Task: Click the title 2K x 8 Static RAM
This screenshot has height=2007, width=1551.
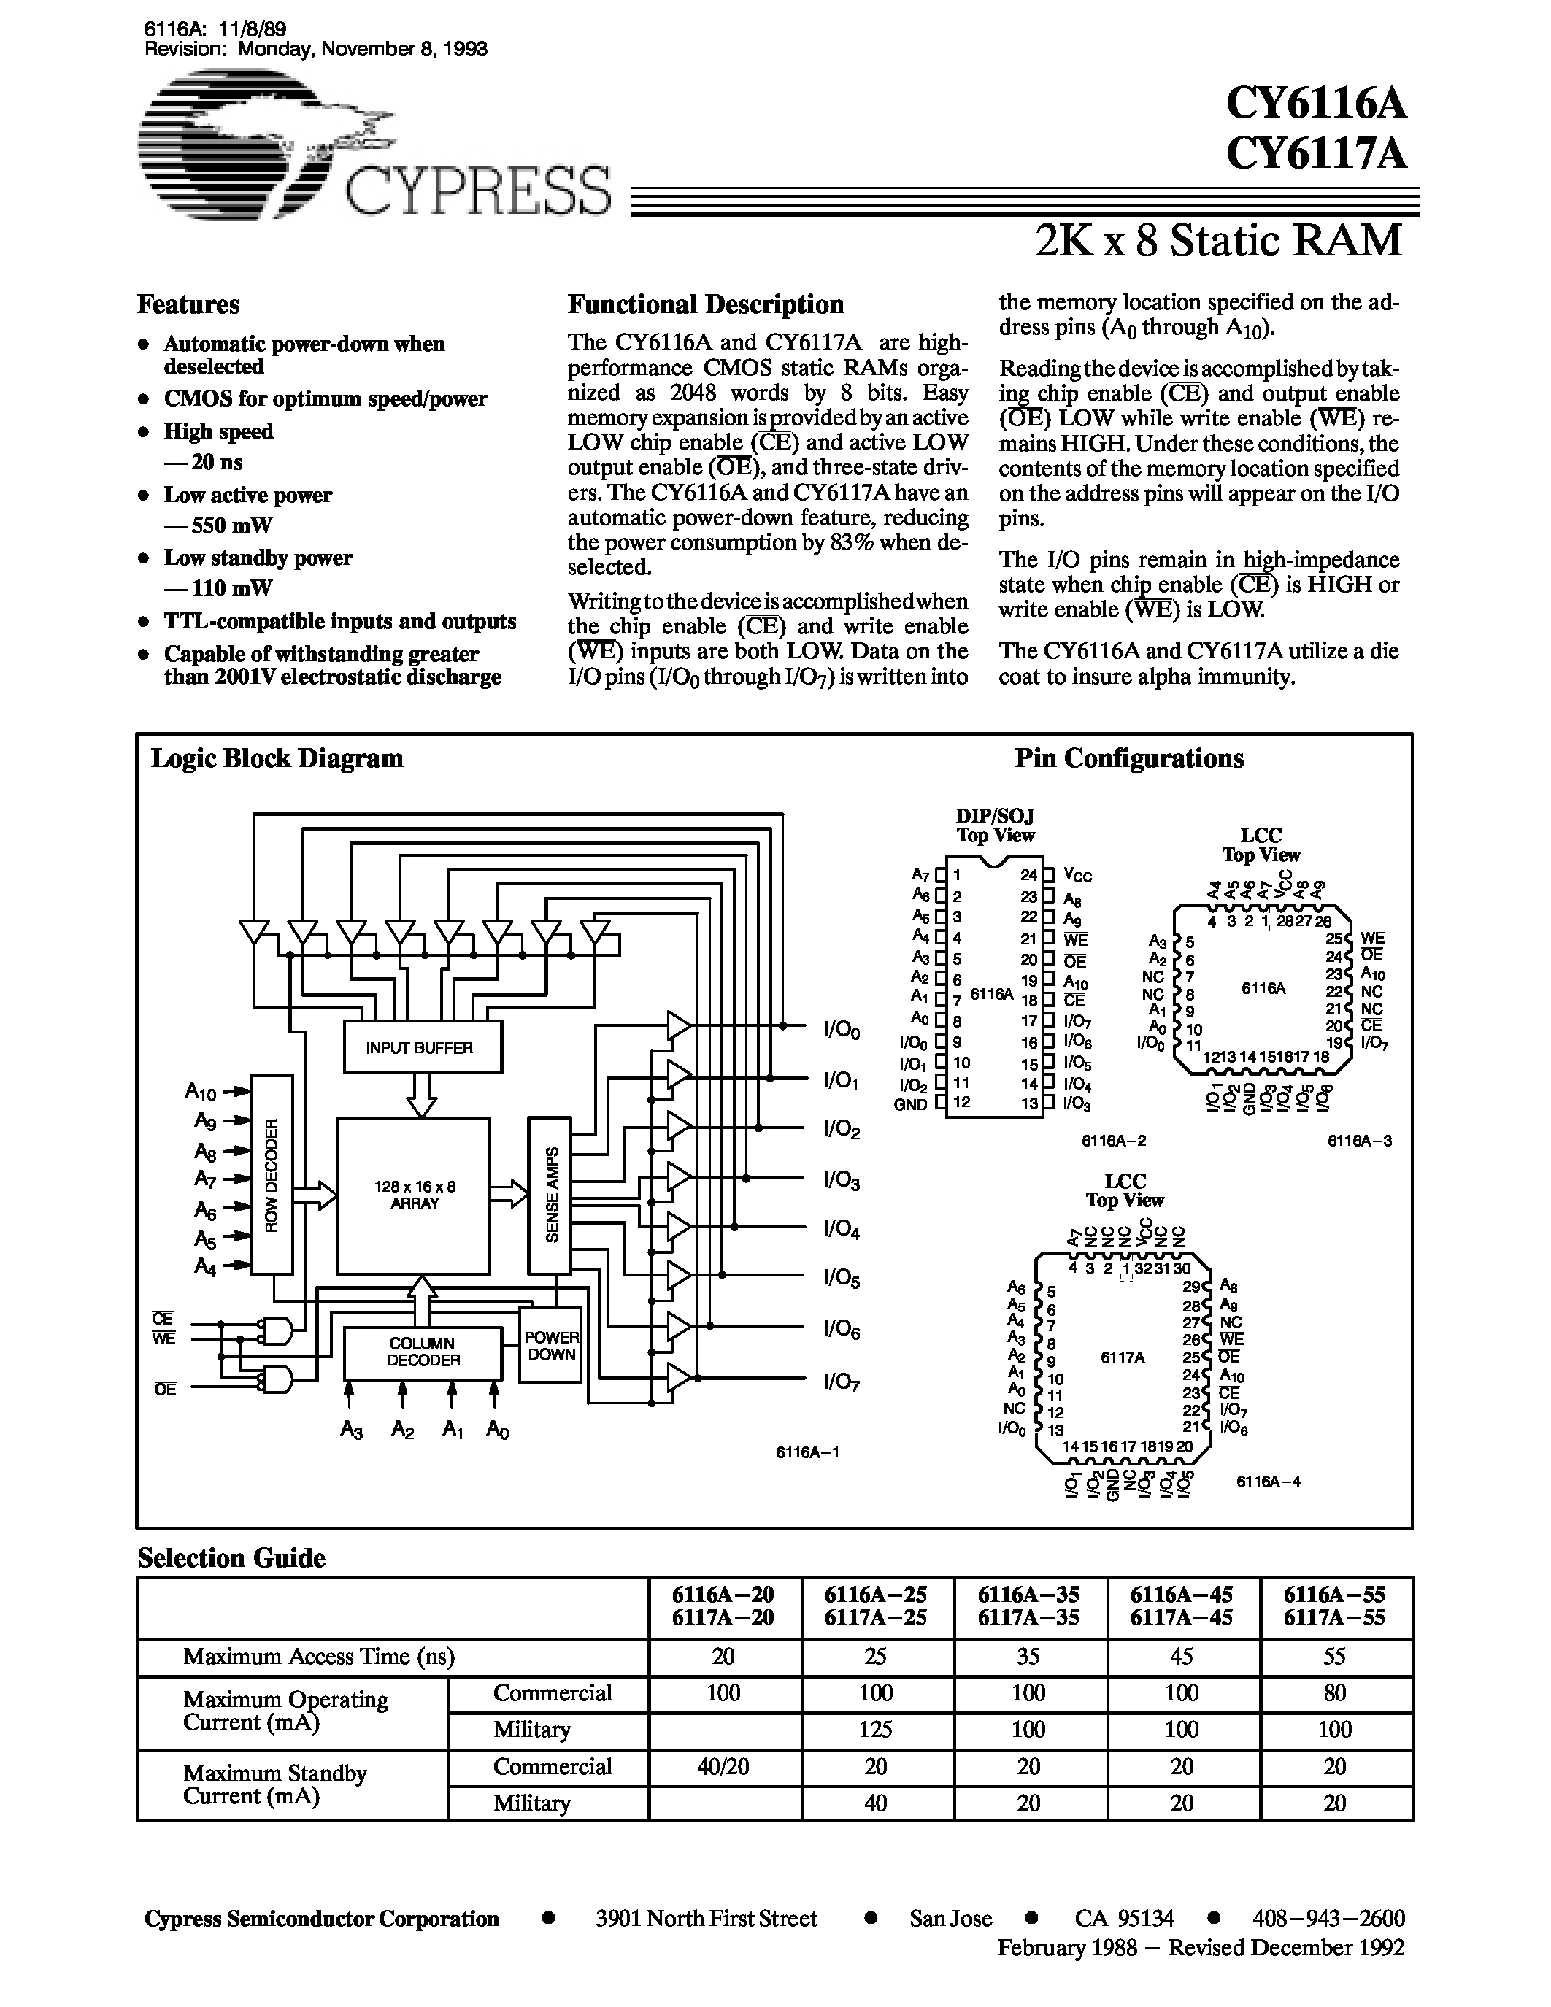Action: [x=1218, y=242]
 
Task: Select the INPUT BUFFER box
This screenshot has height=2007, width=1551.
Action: [x=421, y=1047]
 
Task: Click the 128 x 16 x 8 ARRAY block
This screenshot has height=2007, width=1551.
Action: [x=413, y=1195]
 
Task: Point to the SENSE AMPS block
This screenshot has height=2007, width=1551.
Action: [x=550, y=1194]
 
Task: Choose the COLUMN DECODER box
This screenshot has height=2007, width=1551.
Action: [x=423, y=1352]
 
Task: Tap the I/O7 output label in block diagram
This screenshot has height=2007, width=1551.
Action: [x=841, y=1382]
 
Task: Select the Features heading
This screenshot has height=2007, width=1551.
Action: [x=188, y=305]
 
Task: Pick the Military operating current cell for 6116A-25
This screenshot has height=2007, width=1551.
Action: [x=876, y=1730]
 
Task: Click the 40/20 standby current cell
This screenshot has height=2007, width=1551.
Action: [x=723, y=1766]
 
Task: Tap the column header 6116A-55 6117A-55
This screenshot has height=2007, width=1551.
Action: [x=1334, y=1606]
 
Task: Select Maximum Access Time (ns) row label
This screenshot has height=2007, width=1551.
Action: [x=319, y=1656]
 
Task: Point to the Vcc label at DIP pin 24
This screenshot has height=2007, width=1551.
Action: [x=1077, y=875]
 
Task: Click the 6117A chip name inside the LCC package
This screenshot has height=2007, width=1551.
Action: [x=1122, y=1357]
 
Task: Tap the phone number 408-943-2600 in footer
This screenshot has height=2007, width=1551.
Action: [x=1328, y=1919]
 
